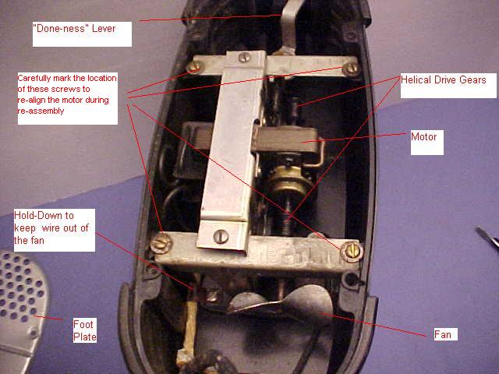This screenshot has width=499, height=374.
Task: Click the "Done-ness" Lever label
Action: point(74,28)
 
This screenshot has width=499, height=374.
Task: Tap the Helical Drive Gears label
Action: point(444,79)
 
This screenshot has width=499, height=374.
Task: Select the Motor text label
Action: point(423,137)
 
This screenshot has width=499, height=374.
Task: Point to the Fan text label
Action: point(443,334)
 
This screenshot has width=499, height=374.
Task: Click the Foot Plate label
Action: point(85,330)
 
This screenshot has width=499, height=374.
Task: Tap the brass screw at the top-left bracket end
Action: point(194,67)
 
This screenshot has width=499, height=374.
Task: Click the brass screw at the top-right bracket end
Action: point(351,68)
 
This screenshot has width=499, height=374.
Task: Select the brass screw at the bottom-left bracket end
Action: point(161,243)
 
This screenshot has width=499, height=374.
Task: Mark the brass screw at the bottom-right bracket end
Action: point(352,251)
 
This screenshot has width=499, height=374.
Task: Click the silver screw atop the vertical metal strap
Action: point(244,57)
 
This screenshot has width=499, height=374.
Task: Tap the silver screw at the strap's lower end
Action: point(221,237)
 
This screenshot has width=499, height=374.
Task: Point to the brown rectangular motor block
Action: point(285,139)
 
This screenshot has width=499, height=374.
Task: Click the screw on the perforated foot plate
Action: point(33,333)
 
